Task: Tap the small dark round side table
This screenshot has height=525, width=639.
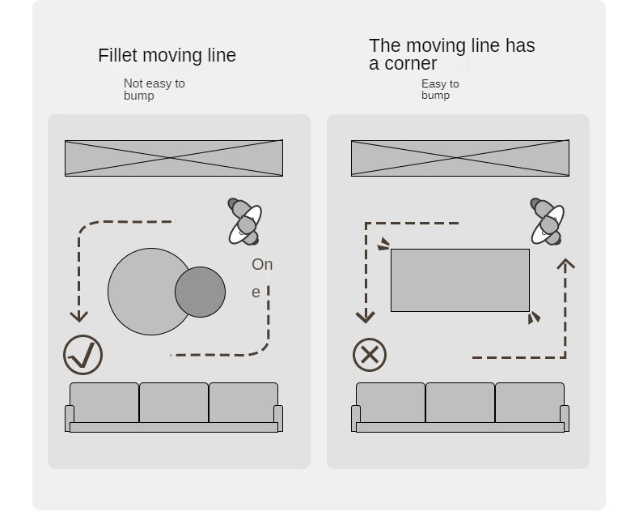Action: click(x=200, y=292)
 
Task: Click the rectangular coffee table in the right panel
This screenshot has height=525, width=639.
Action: click(x=460, y=280)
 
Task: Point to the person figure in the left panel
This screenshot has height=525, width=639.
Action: click(x=244, y=222)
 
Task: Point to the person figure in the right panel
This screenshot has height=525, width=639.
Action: click(x=548, y=222)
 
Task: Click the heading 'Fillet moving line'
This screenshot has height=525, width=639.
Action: click(x=167, y=55)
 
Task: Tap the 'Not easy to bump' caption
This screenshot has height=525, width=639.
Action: click(x=154, y=89)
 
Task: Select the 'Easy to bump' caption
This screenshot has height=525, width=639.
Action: click(x=440, y=89)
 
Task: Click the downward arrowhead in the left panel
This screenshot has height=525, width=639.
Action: click(x=79, y=316)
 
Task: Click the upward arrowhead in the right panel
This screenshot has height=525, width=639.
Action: click(x=565, y=264)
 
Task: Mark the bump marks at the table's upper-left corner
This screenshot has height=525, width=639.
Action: click(x=383, y=244)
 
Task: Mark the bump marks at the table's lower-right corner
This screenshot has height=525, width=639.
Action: click(x=534, y=318)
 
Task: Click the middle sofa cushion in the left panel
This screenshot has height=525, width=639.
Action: click(x=174, y=403)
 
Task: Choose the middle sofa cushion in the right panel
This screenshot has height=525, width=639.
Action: click(x=460, y=403)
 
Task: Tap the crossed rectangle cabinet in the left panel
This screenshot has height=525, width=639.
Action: click(x=174, y=158)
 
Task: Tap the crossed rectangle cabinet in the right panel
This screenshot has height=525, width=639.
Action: click(x=460, y=158)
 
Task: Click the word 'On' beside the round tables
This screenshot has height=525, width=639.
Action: click(x=262, y=265)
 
